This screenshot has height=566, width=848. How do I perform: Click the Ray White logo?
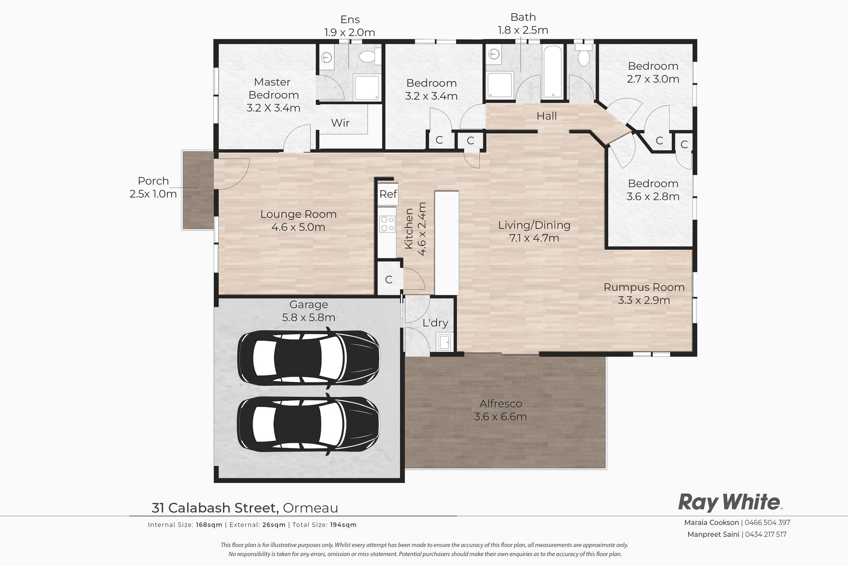point(729,502)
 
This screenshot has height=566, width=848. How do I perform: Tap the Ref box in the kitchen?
point(388,194)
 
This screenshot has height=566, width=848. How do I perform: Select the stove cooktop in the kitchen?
point(387,223)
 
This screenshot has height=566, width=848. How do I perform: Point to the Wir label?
point(340,123)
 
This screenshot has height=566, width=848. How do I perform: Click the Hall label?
point(547,116)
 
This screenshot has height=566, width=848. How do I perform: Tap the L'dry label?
point(435,323)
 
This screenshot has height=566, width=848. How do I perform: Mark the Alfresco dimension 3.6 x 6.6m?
point(500,416)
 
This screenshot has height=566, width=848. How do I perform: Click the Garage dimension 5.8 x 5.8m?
point(309,317)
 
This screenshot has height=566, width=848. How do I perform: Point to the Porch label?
point(153,181)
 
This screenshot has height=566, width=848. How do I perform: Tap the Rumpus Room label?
point(644,287)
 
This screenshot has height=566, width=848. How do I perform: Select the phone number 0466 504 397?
point(767,523)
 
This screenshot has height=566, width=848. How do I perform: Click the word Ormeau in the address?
point(310,508)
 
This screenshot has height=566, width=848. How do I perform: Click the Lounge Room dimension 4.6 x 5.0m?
point(299,227)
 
